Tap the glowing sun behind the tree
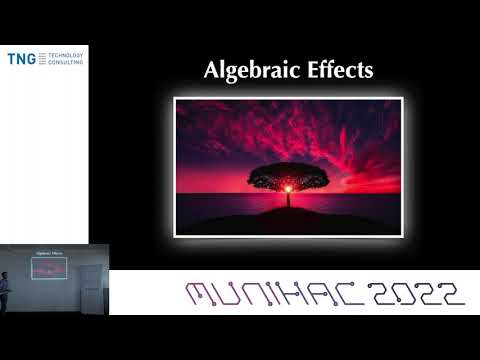(289, 187)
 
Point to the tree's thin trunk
(289, 197)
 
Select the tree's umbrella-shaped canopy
(288, 175)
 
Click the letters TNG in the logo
(21, 59)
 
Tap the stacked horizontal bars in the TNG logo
(42, 59)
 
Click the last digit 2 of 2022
(450, 293)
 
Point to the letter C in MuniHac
(347, 293)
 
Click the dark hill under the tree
(288, 217)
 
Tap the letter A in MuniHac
(316, 293)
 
